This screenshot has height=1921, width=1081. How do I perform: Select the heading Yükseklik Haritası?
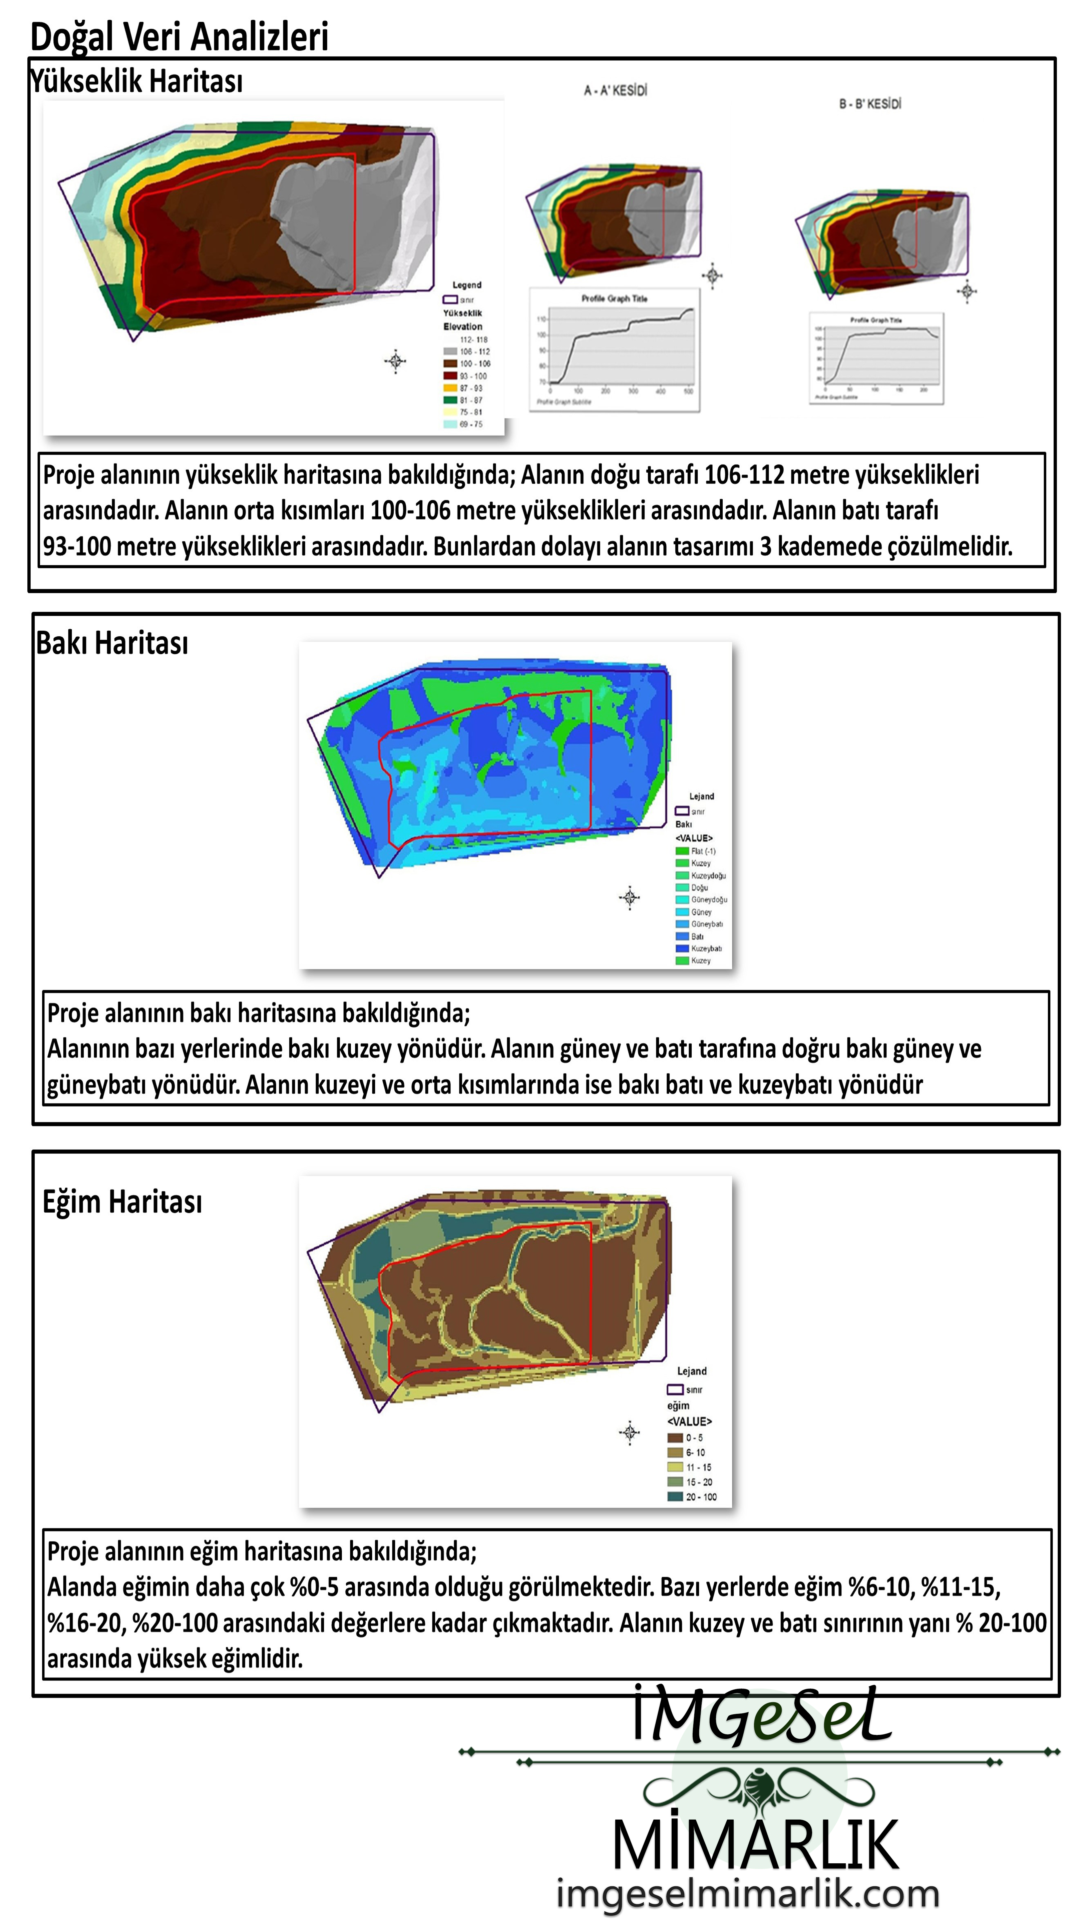click(x=136, y=80)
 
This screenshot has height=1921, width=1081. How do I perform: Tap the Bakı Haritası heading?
click(x=112, y=643)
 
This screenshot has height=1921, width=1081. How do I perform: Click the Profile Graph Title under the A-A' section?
click(x=614, y=298)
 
